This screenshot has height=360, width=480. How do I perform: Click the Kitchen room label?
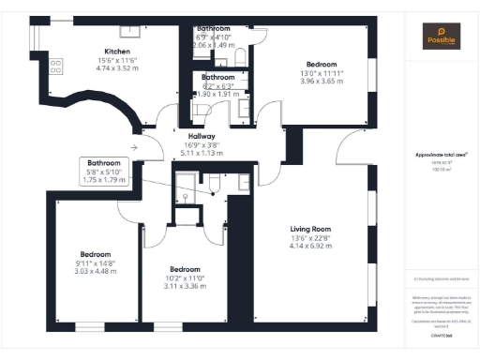tap(117, 51)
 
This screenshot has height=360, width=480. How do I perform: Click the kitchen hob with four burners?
tap(55, 66)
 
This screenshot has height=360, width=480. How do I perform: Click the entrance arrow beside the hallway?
tap(135, 146)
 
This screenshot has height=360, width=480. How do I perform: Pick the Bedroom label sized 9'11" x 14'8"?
tap(95, 255)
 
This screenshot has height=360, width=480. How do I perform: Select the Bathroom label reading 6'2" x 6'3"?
tap(217, 77)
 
